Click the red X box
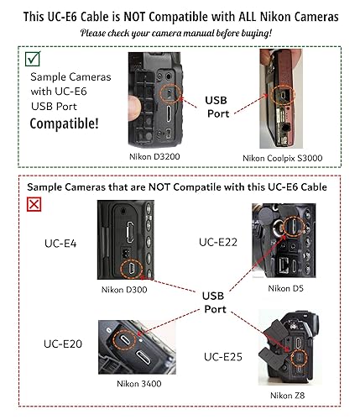pos(34,204)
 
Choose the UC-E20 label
pos(65,344)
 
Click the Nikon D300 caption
pos(125,290)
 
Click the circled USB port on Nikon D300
pos(131,267)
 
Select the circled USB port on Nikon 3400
pos(125,339)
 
